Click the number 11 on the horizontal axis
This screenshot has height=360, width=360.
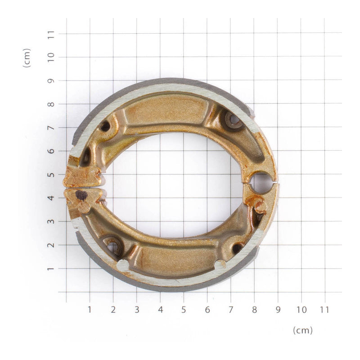click(x=324, y=310)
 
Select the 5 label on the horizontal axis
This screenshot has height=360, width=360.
click(x=184, y=310)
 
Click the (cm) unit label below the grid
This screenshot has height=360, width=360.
click(x=302, y=330)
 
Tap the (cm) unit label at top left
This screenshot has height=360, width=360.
click(x=27, y=58)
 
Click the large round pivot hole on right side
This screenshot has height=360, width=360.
click(x=261, y=182)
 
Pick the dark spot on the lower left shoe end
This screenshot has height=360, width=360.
click(x=81, y=195)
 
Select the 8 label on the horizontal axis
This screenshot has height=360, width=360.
click(x=254, y=310)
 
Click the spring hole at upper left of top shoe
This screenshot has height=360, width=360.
click(x=105, y=126)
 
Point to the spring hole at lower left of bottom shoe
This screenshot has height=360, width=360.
click(x=112, y=246)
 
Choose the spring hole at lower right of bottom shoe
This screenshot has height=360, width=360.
click(x=237, y=248)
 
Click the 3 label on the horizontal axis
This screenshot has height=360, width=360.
click(x=137, y=310)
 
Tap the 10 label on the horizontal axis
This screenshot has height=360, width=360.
click(x=301, y=310)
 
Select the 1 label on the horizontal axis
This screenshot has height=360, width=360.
click(x=90, y=310)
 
